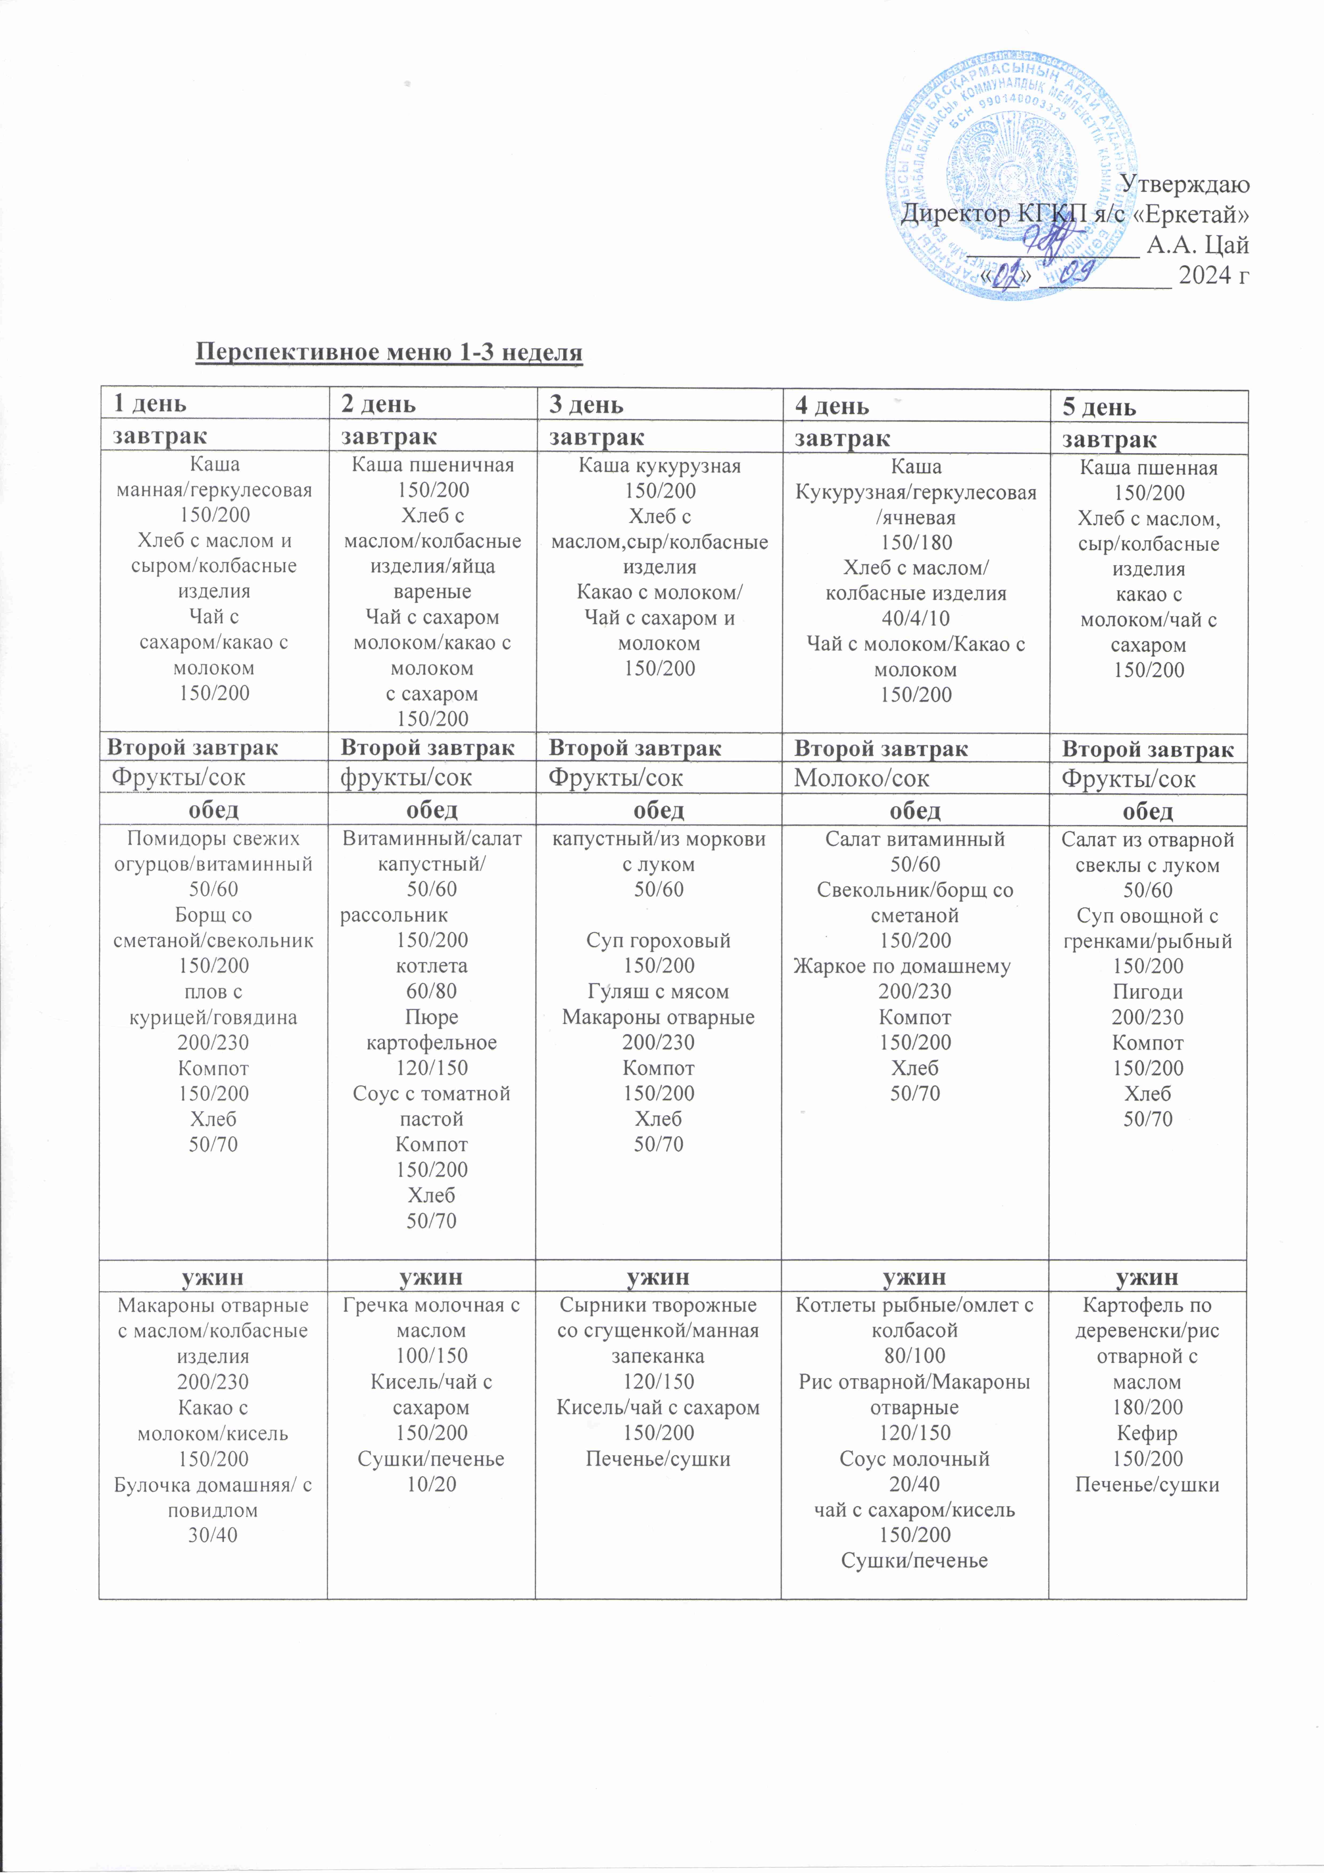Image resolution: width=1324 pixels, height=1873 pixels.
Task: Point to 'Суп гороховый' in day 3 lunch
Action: (658, 941)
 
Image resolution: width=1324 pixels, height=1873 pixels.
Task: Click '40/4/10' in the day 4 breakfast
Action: (915, 618)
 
